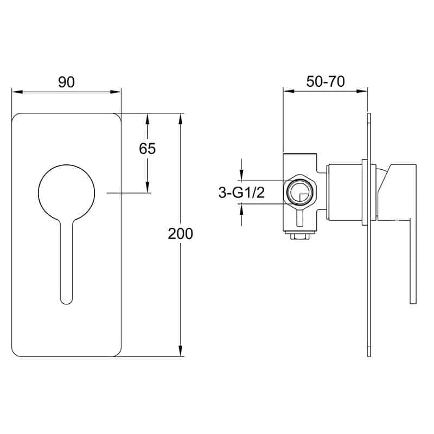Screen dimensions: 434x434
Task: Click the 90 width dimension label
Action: pyautogui.click(x=66, y=82)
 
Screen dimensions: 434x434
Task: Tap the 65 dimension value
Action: pyautogui.click(x=147, y=149)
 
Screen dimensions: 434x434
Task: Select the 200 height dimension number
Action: pyautogui.click(x=180, y=234)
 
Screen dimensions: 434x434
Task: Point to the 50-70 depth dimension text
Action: pyautogui.click(x=325, y=81)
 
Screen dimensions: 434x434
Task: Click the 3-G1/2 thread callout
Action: pyautogui.click(x=241, y=193)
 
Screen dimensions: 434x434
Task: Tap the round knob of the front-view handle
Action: pyautogui.click(x=66, y=193)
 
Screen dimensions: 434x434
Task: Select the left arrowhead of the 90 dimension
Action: pyautogui.click(x=17, y=92)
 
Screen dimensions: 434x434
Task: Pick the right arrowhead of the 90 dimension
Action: pyautogui.click(x=116, y=92)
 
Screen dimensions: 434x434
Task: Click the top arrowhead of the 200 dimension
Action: pyautogui.click(x=181, y=119)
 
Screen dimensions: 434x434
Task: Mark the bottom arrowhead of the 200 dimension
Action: pyautogui.click(x=181, y=351)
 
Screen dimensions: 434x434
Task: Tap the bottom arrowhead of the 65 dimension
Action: pyautogui.click(x=147, y=187)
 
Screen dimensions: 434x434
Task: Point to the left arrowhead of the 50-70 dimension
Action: pyautogui.click(x=289, y=91)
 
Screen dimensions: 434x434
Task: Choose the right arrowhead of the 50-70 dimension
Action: pyautogui.click(x=362, y=91)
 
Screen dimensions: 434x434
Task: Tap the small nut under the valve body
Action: pyautogui.click(x=300, y=236)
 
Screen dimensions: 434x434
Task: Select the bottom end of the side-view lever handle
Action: pyautogui.click(x=413, y=303)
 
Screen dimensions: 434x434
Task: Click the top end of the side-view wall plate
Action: pyautogui.click(x=369, y=114)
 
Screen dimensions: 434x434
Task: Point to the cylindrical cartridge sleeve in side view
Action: pyautogui.click(x=345, y=193)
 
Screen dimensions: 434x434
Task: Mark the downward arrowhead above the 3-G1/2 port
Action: pyautogui.click(x=242, y=175)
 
